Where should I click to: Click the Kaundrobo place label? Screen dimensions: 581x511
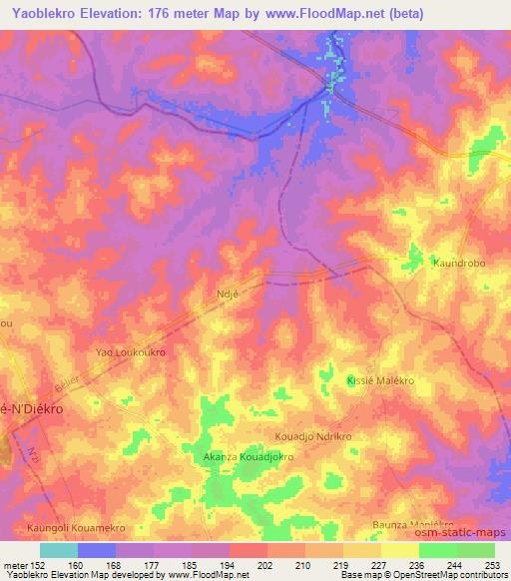460,263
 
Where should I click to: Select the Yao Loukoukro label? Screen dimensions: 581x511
130,352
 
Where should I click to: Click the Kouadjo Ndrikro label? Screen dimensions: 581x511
314,437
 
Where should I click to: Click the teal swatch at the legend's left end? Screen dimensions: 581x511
58,549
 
